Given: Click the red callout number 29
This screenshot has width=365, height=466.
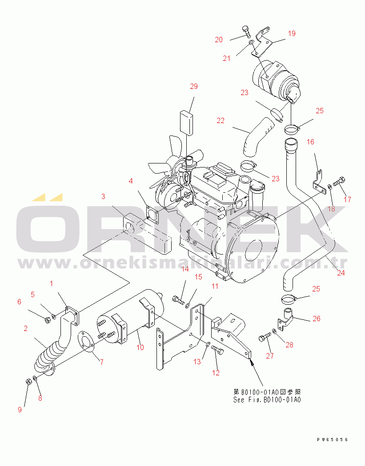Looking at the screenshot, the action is point(194,86).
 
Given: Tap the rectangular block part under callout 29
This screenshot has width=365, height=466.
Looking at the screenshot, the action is point(186,123).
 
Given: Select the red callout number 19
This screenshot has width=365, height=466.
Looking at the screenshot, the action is point(292,33).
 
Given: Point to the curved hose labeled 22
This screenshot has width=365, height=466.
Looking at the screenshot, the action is point(257,137).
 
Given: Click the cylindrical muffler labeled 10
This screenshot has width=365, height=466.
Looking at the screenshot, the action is point(131,316).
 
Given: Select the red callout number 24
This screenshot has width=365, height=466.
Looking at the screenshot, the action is point(341,272).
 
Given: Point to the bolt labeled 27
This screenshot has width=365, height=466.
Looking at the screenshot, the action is point(265,337).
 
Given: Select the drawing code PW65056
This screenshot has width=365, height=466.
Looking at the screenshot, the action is point(332,439).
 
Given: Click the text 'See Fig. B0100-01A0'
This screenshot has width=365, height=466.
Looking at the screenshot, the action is point(267,400).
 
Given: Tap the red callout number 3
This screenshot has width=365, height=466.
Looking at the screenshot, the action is point(103,196).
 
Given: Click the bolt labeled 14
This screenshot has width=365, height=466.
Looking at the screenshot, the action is point(178,299).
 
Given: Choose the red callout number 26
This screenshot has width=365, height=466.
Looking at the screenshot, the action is point(317,319).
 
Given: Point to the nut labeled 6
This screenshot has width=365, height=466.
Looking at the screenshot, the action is point(47,320).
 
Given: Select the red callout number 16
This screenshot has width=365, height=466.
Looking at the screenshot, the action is point(310,142).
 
